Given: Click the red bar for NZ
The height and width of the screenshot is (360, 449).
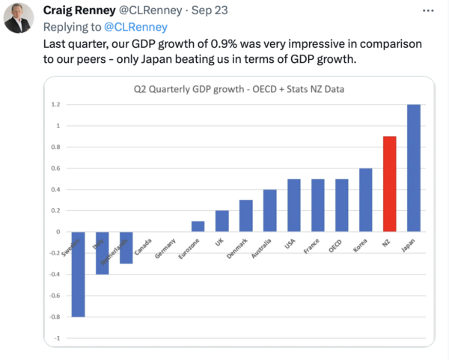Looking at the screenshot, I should coord(390,184).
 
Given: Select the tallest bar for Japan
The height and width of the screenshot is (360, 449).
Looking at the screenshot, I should coord(414,168).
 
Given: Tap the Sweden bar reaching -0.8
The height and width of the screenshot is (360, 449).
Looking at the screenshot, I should coord(78,274).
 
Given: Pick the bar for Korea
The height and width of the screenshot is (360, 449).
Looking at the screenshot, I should coord(366,200).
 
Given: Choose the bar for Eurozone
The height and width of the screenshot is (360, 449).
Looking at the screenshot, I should coord(198,227).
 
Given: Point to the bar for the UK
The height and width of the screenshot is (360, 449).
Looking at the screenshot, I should coord(222,222).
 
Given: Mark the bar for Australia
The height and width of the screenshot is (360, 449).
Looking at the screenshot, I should coord(269,211).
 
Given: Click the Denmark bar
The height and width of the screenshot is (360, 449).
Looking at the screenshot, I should coord(245,216).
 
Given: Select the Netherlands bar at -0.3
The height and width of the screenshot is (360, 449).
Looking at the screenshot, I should coord(126,248).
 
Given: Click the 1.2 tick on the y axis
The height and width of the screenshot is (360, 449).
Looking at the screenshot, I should coord(55,105).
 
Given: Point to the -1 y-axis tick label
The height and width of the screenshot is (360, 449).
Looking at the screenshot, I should coord(56,338).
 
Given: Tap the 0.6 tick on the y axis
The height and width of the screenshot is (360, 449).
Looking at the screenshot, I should coord(55,168).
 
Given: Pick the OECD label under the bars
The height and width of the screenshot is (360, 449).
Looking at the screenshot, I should coord(336,245).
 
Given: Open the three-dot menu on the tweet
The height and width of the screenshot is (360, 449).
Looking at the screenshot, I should coord(427,11).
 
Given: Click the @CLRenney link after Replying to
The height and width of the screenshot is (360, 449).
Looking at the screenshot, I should coord(135,27).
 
